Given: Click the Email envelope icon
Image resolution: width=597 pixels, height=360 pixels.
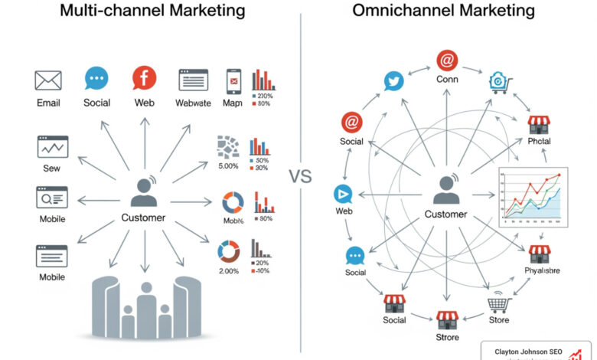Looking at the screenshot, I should coord(48,80).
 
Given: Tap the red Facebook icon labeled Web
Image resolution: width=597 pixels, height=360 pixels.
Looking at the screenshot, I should coord(144,79).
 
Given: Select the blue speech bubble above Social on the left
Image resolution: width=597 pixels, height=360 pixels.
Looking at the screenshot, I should coord(96,78).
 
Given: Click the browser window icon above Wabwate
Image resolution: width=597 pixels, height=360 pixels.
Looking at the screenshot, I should coord(194,80).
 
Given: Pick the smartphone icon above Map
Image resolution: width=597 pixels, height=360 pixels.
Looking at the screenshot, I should coord(233,80).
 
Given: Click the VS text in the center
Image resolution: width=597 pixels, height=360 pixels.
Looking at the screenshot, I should coord(301,177).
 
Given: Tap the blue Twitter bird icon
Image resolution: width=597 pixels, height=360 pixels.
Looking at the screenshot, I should coord(393,81).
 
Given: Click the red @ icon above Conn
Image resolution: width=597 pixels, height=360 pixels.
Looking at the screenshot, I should coord(447,61).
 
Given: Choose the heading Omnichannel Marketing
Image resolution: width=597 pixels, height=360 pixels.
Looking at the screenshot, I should coord(443,11).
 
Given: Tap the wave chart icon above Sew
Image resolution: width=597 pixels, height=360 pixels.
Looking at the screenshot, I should coord(53,146).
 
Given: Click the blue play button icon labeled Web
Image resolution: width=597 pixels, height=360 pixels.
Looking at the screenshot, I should coord(344,194).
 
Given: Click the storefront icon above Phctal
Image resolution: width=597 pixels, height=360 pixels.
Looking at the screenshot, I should coord(540,125).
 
